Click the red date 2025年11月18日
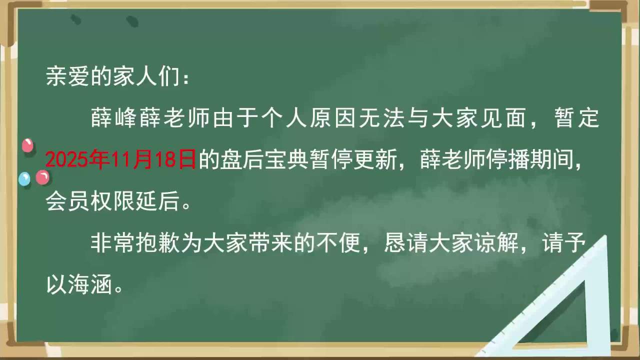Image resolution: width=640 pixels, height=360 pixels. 121,159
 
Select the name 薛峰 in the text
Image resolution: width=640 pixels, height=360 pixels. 113,117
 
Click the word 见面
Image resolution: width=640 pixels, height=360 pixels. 502,117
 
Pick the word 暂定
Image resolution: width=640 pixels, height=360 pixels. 577,117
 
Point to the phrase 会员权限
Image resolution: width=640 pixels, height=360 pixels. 90,201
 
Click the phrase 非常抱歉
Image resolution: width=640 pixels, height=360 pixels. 135,243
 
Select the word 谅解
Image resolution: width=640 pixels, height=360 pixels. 496,243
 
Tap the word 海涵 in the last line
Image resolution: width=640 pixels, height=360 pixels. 90,285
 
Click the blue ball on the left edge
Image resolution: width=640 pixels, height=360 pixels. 24,179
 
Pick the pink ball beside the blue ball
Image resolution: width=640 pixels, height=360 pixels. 42,177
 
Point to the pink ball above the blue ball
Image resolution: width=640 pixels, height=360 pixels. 27,145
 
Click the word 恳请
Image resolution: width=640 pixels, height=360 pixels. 406,243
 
